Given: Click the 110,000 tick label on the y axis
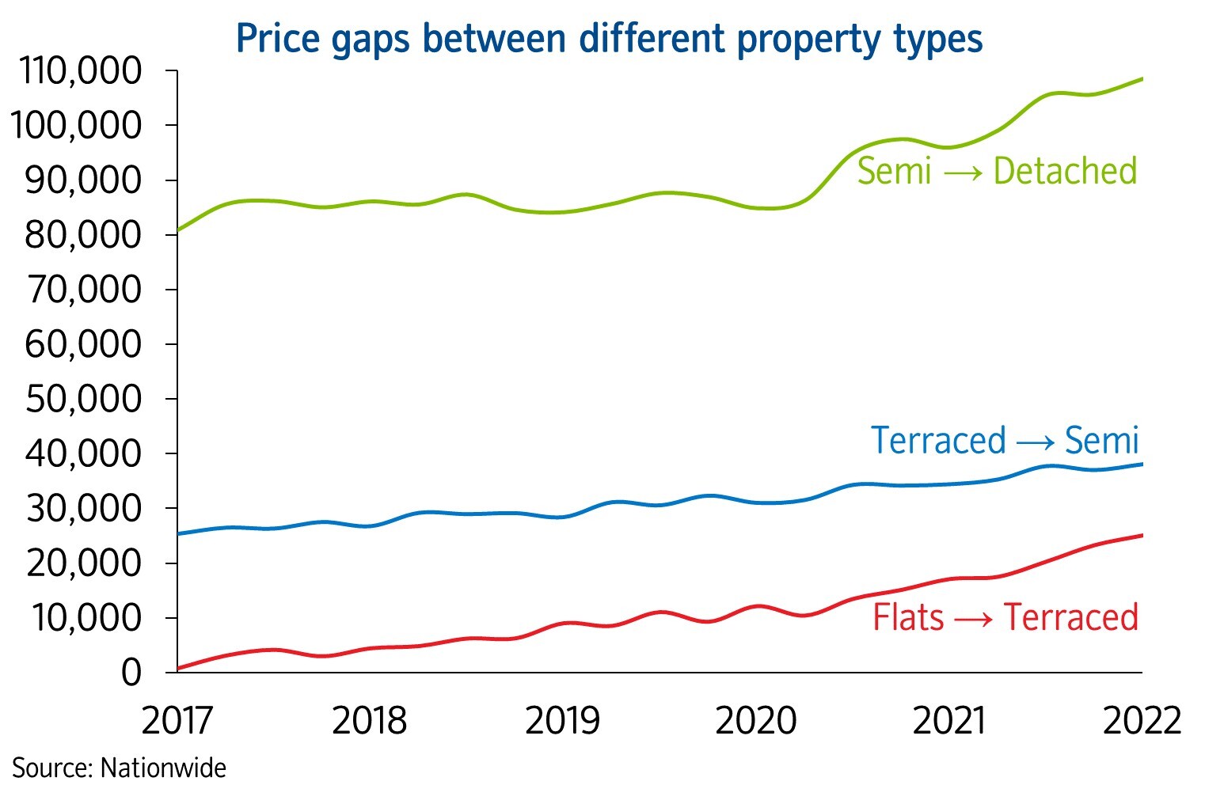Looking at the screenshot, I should click(81, 71).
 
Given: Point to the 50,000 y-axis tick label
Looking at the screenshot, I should click(83, 399).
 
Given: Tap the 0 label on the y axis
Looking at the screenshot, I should click(131, 673).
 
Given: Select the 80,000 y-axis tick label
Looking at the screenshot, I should click(83, 235).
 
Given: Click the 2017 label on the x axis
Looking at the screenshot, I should click(177, 721).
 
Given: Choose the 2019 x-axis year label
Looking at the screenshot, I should click(562, 721).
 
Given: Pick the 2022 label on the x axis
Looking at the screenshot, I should click(1142, 721).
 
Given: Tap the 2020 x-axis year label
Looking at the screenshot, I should click(755, 721).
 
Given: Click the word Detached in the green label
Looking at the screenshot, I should click(1065, 172).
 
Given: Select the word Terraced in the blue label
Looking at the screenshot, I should click(938, 441).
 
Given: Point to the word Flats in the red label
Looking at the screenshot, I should click(908, 618).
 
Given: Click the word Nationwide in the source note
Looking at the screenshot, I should click(164, 768).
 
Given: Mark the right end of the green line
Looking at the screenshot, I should click(1142, 78).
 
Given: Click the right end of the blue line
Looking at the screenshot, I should click(1142, 464).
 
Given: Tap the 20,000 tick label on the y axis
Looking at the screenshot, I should click(83, 563).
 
